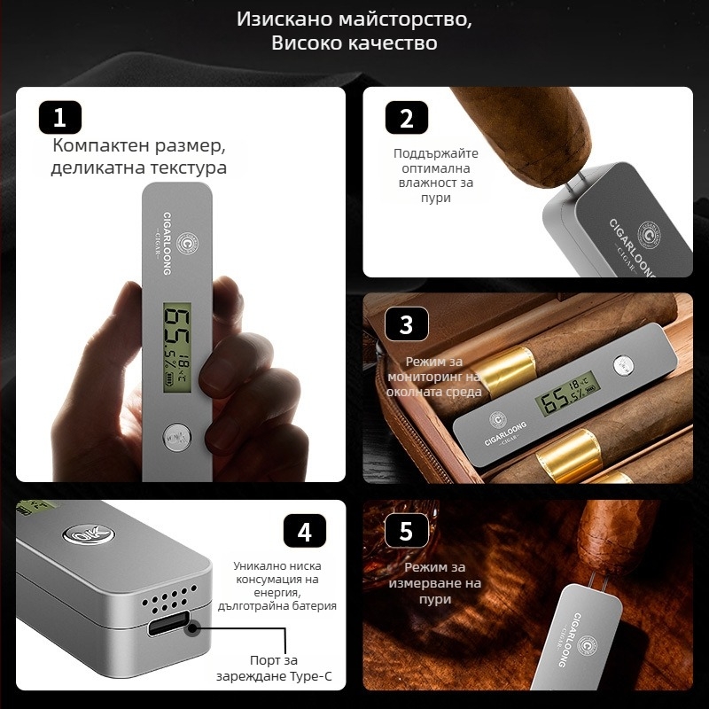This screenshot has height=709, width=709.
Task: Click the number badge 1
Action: [x=60, y=117]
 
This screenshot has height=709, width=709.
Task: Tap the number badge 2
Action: [x=407, y=117]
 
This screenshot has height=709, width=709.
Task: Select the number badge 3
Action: [x=407, y=324]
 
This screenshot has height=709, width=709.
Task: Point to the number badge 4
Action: [x=305, y=532]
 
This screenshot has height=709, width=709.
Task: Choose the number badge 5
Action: [x=407, y=532]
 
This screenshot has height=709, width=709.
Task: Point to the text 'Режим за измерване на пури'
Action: [x=441, y=583]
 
